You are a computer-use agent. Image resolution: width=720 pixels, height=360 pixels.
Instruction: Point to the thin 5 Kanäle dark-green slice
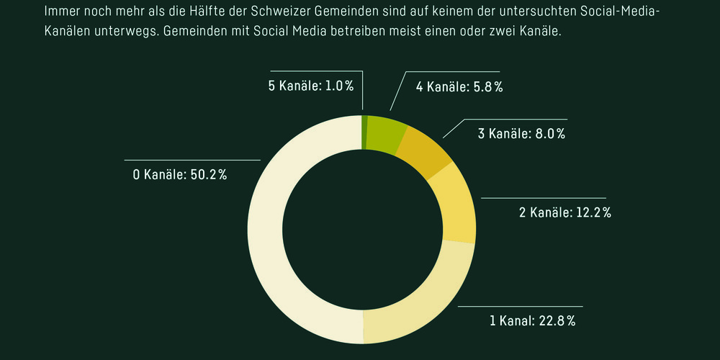click(364, 130)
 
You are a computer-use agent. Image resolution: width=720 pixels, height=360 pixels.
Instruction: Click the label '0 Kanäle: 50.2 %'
click(179, 175)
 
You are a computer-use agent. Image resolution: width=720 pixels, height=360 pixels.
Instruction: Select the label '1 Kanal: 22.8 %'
click(532, 320)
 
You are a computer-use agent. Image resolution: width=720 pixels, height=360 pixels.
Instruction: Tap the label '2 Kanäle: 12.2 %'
click(564, 212)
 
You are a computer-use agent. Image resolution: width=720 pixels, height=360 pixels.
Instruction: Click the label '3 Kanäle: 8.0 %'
click(522, 133)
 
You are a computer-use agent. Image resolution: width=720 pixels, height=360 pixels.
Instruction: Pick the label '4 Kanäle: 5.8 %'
click(459, 86)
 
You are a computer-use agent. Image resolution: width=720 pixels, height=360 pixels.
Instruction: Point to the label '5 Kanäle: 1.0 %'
click(310, 86)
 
